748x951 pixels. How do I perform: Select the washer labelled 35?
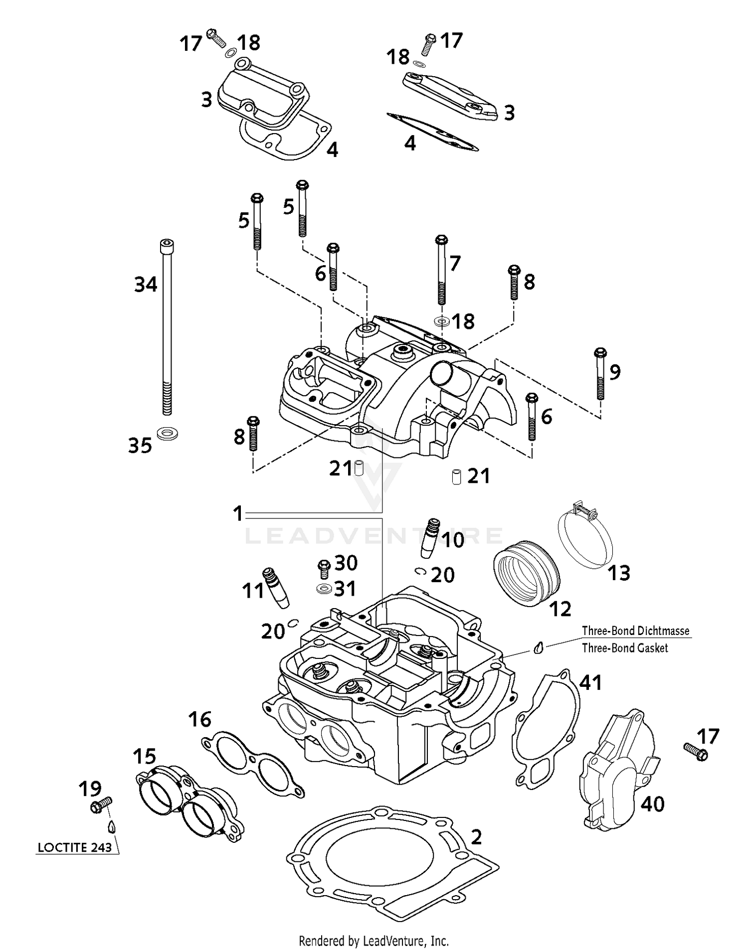pyautogui.click(x=168, y=433)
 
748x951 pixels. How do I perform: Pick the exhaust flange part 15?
pyautogui.click(x=189, y=802)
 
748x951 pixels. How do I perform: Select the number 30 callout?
pyautogui.click(x=346, y=563)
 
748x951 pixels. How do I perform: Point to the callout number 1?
pyautogui.click(x=238, y=513)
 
